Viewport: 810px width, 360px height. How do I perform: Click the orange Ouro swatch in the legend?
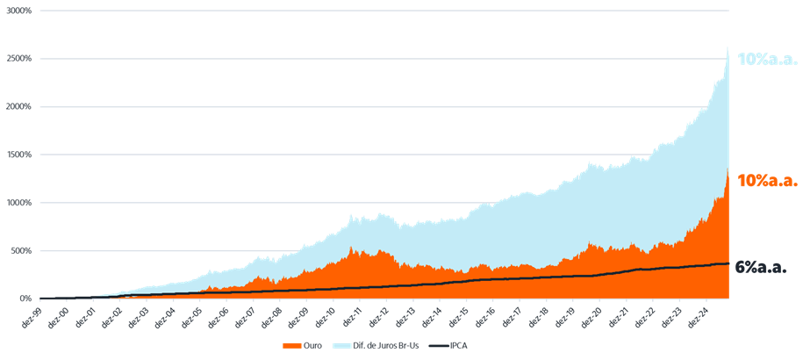292,345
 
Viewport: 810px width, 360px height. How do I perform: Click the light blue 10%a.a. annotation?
767,60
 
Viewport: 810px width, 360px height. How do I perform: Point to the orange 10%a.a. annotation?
767,181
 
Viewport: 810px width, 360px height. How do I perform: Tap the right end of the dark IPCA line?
728,263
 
